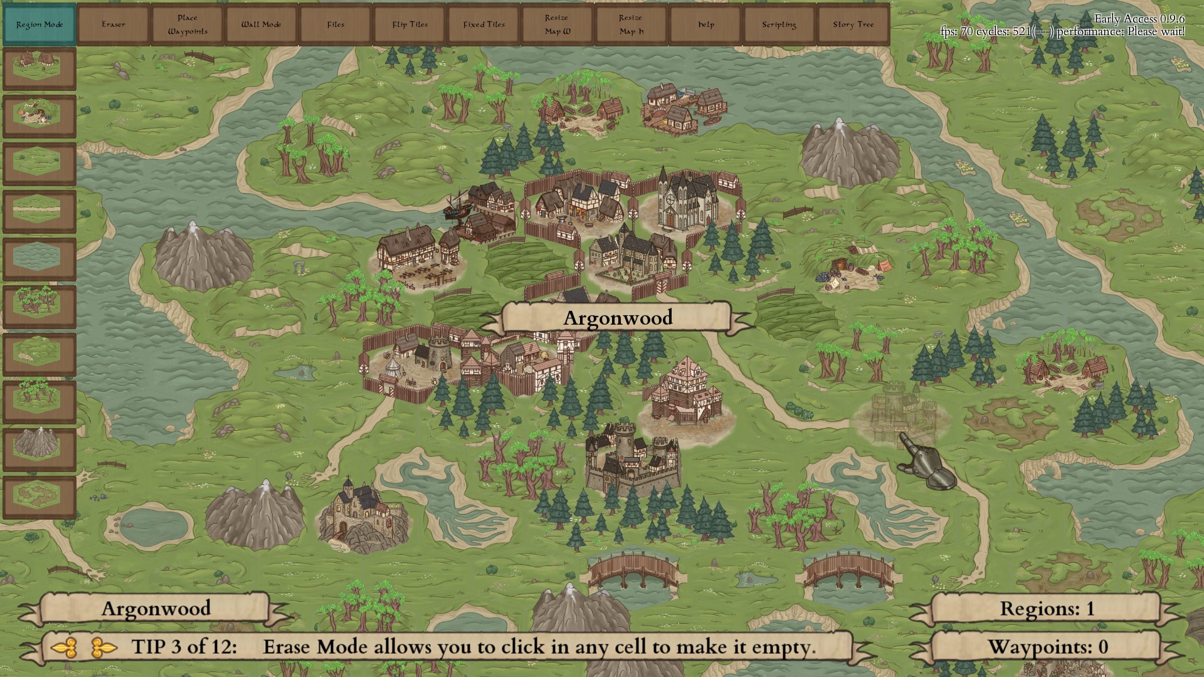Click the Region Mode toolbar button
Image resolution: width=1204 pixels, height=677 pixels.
(40, 24)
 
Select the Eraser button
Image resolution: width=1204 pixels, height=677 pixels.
(114, 24)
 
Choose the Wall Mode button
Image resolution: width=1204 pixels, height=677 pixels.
(261, 24)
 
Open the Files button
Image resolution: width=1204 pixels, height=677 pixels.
(335, 24)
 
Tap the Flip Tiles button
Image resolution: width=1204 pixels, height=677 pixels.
(409, 24)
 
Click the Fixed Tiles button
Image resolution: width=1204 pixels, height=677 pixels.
(483, 24)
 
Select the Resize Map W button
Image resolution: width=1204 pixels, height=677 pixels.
(557, 24)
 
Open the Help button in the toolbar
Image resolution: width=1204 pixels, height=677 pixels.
(705, 24)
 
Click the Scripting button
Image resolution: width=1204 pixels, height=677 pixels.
(779, 24)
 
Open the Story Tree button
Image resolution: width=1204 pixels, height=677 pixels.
(853, 24)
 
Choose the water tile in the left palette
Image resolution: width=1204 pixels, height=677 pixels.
(40, 259)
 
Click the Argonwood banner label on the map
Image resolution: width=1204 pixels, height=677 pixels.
(617, 318)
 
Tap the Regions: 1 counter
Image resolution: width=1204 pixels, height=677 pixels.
(1046, 609)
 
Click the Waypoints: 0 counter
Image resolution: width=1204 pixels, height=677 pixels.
(1046, 647)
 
